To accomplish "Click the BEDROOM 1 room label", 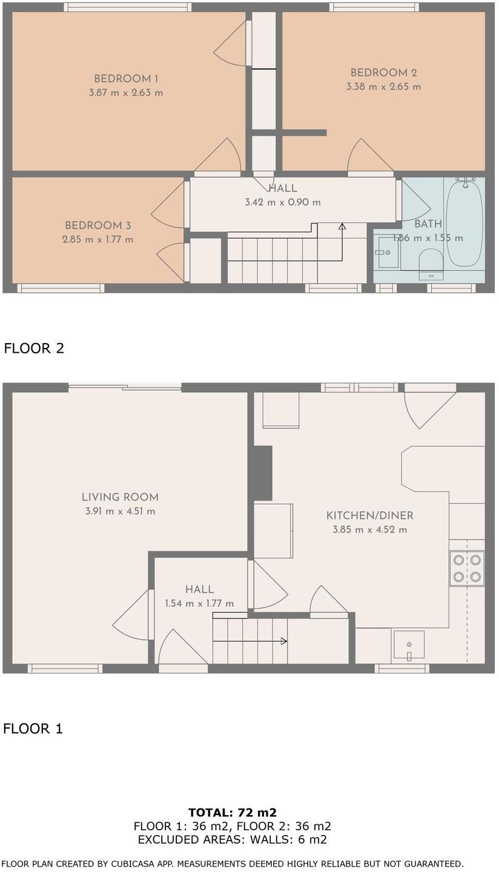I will (126, 79).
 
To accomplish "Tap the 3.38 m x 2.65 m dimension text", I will (383, 87).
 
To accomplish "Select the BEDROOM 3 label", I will (98, 226).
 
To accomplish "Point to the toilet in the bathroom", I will (431, 261).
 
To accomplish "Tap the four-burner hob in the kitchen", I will (467, 569).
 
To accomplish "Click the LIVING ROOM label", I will (120, 497).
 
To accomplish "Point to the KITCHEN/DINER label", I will (369, 516).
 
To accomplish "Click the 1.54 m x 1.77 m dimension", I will (199, 603).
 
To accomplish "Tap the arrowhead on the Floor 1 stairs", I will (284, 641).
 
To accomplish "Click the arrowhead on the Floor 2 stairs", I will (342, 227).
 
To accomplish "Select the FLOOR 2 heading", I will (34, 349).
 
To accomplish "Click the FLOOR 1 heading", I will (33, 729).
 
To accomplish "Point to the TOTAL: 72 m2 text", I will (233, 813).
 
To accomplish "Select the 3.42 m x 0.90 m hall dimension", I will (283, 202).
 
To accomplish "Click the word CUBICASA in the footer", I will (138, 864).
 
